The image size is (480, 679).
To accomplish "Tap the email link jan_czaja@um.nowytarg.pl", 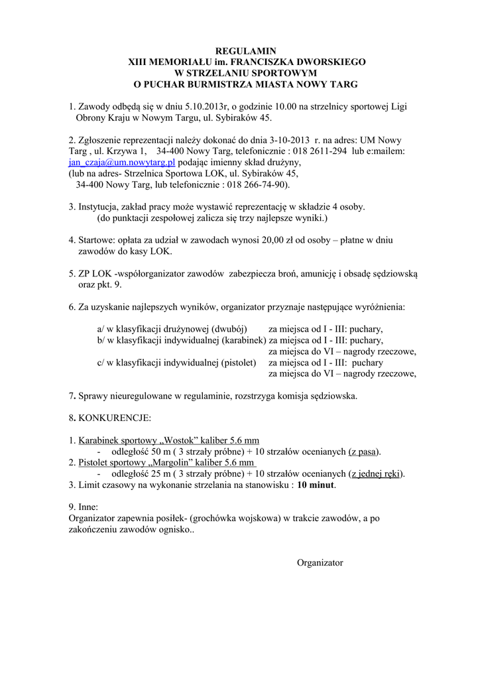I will (121, 162).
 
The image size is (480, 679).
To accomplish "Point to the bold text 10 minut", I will (316, 485).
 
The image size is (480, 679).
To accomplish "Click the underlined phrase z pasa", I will (364, 452).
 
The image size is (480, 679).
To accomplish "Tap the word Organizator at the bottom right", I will (320, 563).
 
